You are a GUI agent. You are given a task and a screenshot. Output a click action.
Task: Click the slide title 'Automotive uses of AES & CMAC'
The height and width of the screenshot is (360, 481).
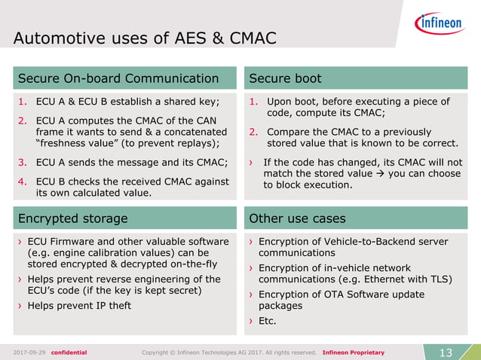[145, 38]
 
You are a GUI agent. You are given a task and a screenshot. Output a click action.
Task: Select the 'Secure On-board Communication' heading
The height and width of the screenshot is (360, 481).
[118, 78]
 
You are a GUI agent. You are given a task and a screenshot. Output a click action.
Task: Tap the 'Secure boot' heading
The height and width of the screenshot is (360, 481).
[285, 78]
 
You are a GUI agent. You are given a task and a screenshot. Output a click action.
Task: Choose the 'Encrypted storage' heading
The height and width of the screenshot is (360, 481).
[72, 218]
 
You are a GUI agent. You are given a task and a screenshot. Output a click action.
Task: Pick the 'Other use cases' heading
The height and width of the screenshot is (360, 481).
[297, 218]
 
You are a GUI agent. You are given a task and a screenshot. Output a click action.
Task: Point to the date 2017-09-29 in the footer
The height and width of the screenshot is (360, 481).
[29, 352]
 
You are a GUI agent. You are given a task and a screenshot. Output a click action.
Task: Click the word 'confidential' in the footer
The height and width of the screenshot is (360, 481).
[69, 352]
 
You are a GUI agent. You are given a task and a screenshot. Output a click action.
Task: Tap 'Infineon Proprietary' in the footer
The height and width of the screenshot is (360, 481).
[353, 352]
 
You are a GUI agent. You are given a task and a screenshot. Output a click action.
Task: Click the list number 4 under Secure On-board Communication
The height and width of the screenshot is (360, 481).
[22, 181]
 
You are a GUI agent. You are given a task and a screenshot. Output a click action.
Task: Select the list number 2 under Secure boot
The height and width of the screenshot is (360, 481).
[253, 132]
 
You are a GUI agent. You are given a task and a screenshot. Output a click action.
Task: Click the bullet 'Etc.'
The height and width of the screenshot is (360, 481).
[267, 321]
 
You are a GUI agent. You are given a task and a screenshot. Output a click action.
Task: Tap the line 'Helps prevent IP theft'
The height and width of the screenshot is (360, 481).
[79, 305]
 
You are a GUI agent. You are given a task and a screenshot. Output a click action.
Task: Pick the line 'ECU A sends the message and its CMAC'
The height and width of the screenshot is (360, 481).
[131, 162]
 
